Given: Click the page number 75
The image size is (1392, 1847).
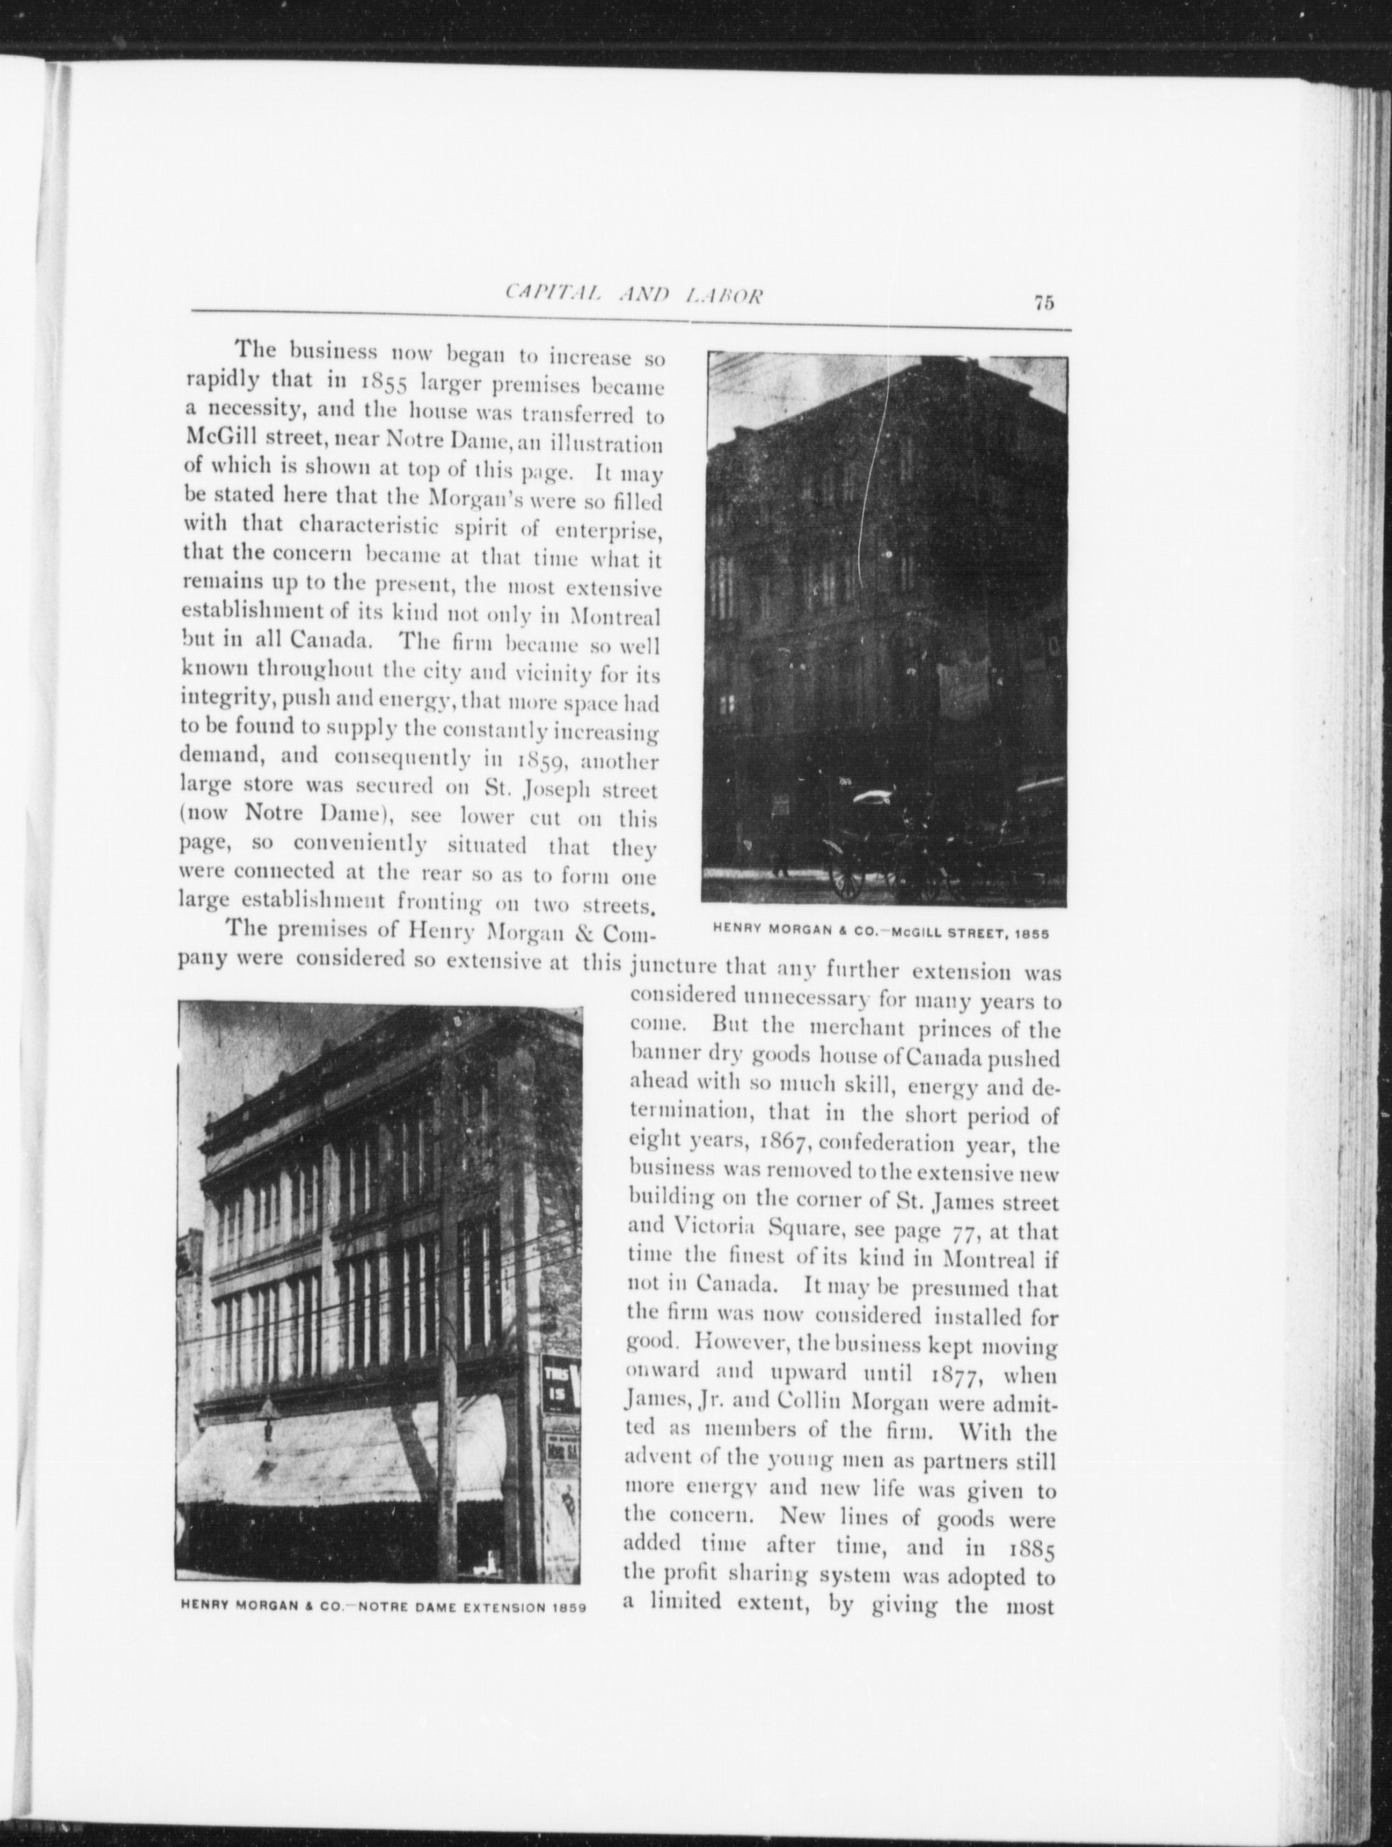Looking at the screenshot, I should click(x=1044, y=303).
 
